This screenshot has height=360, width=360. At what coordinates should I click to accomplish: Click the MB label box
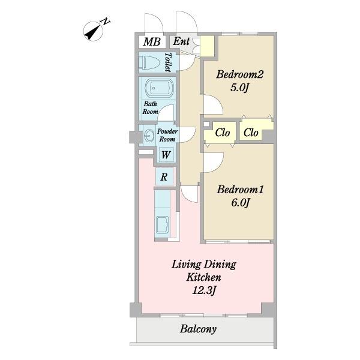click(x=152, y=42)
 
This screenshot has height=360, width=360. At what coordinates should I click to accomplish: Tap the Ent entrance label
click(x=181, y=41)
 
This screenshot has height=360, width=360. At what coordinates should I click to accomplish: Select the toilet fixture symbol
click(x=149, y=62)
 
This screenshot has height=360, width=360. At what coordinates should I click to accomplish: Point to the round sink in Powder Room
click(x=149, y=136)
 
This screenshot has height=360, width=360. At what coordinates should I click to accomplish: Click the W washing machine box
click(x=166, y=155)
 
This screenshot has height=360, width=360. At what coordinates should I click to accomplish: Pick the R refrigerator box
click(x=164, y=177)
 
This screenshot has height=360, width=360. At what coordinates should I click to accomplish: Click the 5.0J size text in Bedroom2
click(x=239, y=88)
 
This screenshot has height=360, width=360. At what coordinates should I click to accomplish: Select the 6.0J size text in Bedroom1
click(x=240, y=203)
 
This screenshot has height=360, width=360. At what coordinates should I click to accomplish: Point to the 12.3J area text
click(x=204, y=291)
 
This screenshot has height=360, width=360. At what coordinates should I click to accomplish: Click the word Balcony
click(x=198, y=329)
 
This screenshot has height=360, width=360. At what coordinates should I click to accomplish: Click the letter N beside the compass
click(x=106, y=22)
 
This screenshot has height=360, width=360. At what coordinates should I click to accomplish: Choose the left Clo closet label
click(x=223, y=133)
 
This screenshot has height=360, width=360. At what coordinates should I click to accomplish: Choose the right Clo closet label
click(x=251, y=133)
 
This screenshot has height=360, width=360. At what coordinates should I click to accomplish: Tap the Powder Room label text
click(x=167, y=135)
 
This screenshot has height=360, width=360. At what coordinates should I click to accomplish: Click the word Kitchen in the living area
click(x=203, y=277)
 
